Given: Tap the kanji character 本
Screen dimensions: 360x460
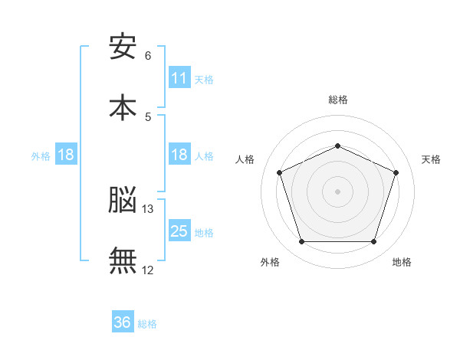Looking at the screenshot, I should (x=123, y=107).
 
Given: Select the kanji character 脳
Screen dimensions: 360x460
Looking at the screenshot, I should (x=123, y=200).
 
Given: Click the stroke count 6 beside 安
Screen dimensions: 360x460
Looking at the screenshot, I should (x=148, y=55).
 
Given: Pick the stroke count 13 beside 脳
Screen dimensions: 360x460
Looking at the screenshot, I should (x=149, y=208).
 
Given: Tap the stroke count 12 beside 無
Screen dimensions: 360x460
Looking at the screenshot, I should (x=148, y=270).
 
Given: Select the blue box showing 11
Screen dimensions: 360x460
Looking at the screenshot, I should (x=179, y=78).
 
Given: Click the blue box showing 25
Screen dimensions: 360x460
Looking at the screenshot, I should (x=179, y=231).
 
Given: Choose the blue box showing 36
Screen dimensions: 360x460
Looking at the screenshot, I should (x=123, y=323).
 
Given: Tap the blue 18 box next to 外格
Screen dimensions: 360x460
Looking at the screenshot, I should (x=66, y=155).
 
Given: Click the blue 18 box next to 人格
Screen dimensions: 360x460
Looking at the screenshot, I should (x=179, y=155).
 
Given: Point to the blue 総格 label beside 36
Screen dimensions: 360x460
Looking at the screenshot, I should (x=147, y=324).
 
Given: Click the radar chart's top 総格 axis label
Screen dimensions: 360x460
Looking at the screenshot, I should (x=337, y=100).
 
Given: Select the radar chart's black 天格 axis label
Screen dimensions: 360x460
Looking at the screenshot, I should (x=432, y=159).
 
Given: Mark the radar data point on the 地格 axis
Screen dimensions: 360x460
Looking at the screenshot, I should (x=373, y=242).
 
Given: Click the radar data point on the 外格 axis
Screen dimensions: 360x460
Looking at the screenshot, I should (x=301, y=242).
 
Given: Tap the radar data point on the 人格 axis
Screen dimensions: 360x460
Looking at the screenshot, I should (x=279, y=172).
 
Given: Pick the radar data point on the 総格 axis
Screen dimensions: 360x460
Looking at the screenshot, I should (x=337, y=146).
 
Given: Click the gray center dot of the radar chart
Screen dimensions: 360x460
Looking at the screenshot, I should (x=337, y=191).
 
